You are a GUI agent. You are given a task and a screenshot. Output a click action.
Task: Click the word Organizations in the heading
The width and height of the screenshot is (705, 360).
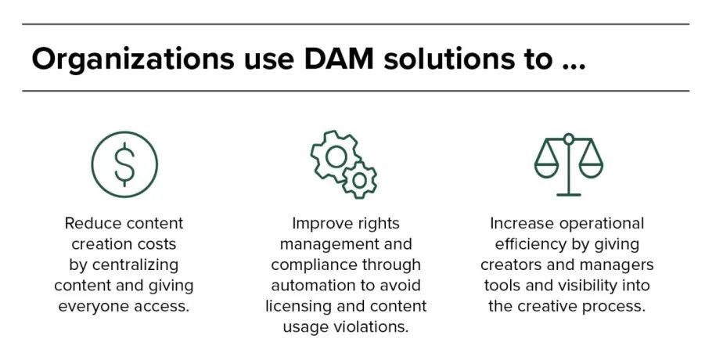[x=133, y=59]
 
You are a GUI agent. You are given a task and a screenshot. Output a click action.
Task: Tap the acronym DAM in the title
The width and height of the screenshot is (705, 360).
[x=339, y=59]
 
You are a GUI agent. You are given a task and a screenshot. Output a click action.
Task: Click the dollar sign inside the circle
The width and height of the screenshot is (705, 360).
[x=124, y=164]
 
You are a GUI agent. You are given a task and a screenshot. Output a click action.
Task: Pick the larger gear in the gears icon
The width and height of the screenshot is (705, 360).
[x=336, y=157]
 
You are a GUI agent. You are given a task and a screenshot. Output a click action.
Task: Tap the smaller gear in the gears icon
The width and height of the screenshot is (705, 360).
[x=359, y=181]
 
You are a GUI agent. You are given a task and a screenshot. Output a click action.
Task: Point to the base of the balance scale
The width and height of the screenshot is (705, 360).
[x=569, y=195]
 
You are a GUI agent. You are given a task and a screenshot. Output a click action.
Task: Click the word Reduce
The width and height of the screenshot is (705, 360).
[x=93, y=223]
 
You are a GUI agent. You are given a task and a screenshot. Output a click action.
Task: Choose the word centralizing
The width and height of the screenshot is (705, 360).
[x=135, y=265]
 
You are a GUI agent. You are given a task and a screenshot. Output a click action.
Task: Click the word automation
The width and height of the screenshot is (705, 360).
[x=309, y=286]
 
